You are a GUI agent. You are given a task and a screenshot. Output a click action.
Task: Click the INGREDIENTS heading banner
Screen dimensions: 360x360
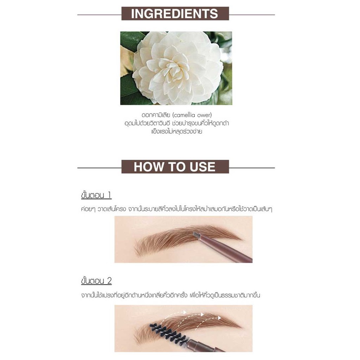pos(175,14)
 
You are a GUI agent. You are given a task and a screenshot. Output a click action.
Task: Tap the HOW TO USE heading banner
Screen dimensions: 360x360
pos(175,167)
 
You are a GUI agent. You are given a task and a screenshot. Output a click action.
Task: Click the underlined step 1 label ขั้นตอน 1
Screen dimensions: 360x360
pos(96,195)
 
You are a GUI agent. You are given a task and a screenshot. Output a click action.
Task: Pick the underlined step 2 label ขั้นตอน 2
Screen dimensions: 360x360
pos(96,281)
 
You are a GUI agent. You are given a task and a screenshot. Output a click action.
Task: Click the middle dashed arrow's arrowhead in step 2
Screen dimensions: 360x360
pos(202,314)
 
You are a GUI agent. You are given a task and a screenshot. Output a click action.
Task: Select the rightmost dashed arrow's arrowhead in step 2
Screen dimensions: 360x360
pos(219,318)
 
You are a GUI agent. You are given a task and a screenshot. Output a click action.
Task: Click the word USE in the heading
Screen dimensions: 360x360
pos(202,167)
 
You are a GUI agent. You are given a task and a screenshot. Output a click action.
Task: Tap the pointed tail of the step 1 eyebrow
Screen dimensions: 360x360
pos(242,240)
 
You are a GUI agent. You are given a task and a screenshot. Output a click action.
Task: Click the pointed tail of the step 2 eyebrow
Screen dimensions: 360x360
pos(242,327)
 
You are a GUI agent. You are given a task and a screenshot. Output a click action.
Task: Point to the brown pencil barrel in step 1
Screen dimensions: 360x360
pos(226,249)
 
